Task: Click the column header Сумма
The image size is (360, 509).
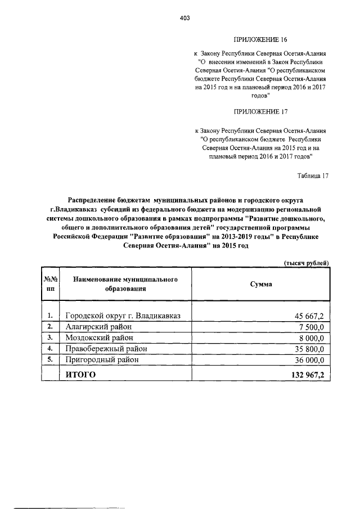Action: pos(260,284)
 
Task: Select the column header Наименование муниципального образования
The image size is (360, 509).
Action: pos(125,284)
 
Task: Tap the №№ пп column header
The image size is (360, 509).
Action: pos(50,284)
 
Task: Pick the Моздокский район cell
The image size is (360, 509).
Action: pos(100,337)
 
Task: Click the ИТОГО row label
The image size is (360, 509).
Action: pos(81,374)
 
